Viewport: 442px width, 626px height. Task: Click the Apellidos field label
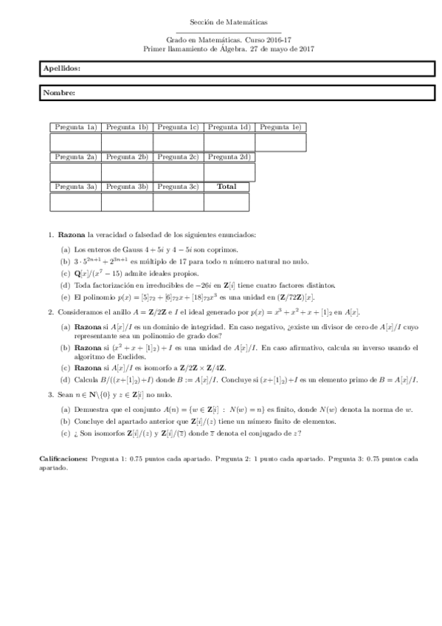tap(62, 68)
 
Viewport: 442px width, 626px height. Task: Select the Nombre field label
tap(59, 93)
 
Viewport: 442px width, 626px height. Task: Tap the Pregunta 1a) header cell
tap(75, 128)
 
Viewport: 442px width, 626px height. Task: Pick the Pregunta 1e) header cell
tap(280, 128)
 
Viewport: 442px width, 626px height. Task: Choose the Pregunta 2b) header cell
tap(127, 157)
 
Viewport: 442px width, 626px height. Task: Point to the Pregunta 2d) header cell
tap(229, 157)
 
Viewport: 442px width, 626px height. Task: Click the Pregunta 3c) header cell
tap(179, 187)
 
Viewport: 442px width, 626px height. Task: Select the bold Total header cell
tap(227, 187)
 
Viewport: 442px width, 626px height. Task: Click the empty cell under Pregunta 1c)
tap(179, 142)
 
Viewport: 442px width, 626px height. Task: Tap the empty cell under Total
tap(227, 202)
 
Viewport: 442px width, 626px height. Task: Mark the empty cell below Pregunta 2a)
tap(75, 171)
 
